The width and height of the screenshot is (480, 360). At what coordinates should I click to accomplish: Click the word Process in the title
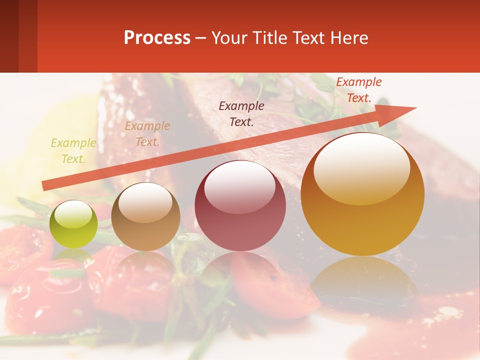tap(157, 38)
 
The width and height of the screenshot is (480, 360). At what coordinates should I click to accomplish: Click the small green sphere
tap(73, 224)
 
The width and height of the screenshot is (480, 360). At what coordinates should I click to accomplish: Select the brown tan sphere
tap(145, 216)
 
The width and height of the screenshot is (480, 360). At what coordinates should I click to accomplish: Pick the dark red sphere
tap(240, 205)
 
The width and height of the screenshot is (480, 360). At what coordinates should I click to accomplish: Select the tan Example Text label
tap(147, 134)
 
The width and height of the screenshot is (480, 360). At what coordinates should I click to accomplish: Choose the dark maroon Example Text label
tap(241, 113)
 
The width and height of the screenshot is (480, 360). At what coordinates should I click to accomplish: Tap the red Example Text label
tap(359, 90)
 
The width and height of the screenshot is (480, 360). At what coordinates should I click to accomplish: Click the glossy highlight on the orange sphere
tap(361, 167)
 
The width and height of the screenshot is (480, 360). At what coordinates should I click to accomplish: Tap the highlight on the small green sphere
tap(73, 214)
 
